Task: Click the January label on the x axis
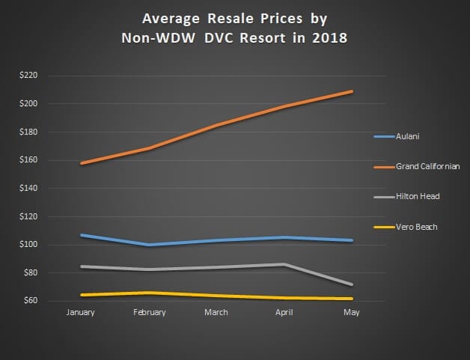pos(80,313)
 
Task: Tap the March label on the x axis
pos(216,313)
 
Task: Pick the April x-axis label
pos(284,313)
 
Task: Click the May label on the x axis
pos(352,313)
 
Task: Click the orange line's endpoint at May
pos(352,91)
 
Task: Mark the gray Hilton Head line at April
pos(284,264)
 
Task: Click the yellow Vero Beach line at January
pos(81,295)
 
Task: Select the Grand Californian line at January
pos(81,163)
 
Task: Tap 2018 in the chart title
pos(331,38)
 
